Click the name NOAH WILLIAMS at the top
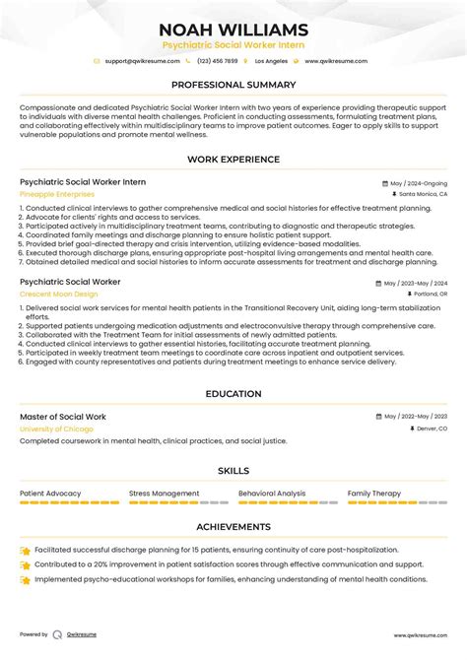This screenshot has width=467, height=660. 233,30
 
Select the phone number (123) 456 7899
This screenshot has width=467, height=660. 218,61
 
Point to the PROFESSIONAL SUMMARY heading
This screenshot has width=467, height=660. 233,86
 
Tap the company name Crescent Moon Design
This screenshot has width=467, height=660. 58,294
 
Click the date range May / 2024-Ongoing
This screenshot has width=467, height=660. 418,183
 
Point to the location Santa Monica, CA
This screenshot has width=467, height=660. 422,195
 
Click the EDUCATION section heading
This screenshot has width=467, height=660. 233,395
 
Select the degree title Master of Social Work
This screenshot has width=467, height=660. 62,417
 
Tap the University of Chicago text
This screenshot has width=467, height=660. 56,429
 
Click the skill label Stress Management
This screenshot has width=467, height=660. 164,494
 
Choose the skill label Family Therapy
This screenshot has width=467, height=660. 374,494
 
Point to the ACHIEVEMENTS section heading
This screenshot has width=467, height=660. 233,527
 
